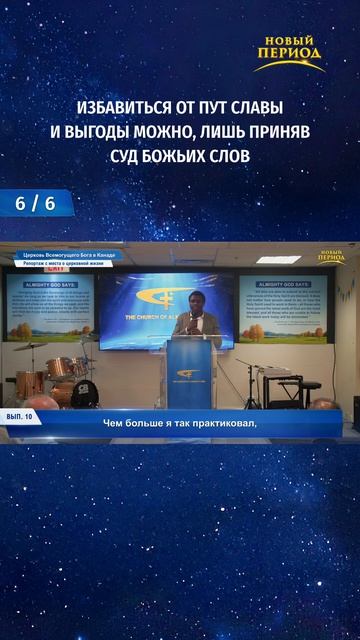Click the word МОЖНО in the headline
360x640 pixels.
[178, 132]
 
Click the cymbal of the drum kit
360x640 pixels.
[30, 346]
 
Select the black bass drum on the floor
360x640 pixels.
[85, 391]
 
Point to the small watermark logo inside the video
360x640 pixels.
[331, 257]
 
